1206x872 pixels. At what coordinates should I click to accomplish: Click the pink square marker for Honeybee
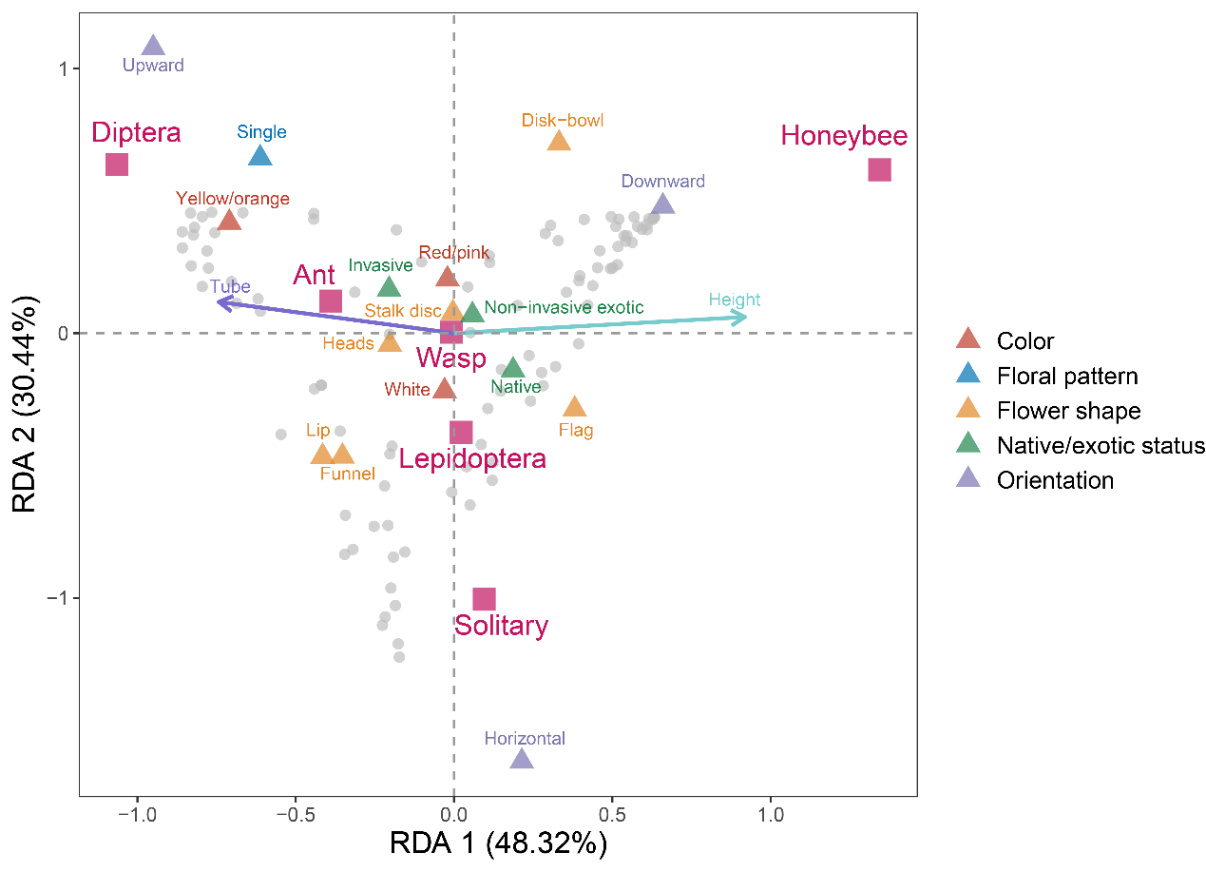pos(879,170)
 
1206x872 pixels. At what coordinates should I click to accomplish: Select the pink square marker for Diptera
pos(117,165)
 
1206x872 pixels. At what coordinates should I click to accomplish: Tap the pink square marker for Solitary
pos(484,599)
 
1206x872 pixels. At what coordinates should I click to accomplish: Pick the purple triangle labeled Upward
pos(153,46)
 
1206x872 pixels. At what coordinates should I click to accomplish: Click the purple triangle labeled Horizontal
pos(522,758)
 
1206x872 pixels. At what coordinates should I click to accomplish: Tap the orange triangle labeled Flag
pos(574,408)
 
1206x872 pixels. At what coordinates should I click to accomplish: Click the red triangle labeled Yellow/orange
pos(229,221)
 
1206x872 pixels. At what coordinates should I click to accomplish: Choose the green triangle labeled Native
pos(513,368)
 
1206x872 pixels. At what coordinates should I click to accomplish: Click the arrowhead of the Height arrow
pos(745,317)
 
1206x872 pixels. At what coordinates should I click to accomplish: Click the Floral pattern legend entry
pos(1066,376)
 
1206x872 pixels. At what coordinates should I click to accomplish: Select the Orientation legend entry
pos(1055,480)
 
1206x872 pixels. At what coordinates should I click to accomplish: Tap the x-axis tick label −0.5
pos(296,816)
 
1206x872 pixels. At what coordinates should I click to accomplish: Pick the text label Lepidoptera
pos(472,459)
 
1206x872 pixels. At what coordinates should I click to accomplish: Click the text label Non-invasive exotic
pos(564,307)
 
